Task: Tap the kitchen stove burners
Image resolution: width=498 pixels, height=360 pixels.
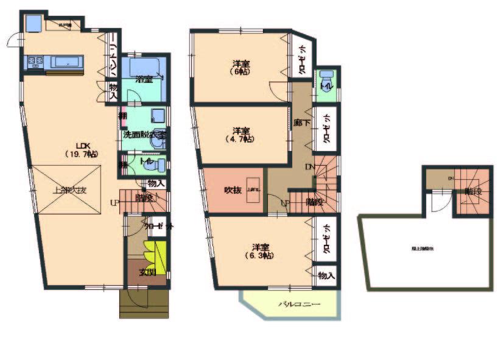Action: click(x=34, y=61)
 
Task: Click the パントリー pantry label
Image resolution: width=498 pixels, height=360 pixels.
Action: click(x=113, y=60)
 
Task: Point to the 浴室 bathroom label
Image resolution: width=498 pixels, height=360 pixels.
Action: click(x=144, y=79)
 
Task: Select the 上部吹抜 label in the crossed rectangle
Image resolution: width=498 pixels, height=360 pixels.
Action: click(x=69, y=190)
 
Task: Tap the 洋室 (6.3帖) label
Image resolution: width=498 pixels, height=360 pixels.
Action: click(x=262, y=251)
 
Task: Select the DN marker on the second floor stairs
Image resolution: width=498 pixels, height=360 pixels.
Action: click(x=310, y=167)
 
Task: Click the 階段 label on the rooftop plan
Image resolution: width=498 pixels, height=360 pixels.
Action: click(x=473, y=191)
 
